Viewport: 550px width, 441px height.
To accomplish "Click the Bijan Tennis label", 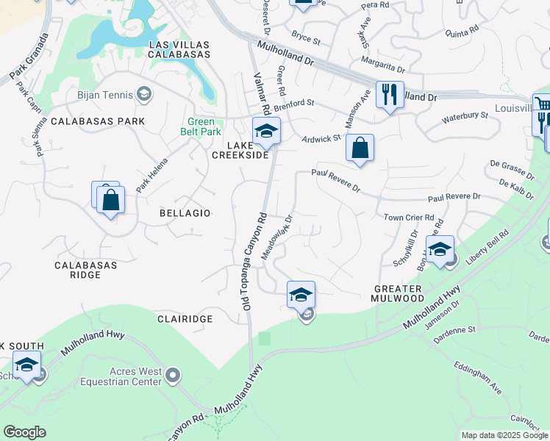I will coord(104,94).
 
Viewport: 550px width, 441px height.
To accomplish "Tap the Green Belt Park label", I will coord(201,127).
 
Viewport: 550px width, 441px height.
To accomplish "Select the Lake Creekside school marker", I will coord(265,132).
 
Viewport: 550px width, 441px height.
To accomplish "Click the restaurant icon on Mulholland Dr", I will coord(390,95).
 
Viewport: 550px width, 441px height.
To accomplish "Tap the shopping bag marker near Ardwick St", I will coord(360,148).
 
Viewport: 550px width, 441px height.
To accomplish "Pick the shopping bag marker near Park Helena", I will coord(110,200).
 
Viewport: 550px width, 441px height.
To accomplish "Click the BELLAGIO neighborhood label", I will coord(185,212).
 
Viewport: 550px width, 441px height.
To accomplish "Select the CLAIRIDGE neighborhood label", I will coord(185,319).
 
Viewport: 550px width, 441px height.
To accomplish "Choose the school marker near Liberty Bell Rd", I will coord(440,249).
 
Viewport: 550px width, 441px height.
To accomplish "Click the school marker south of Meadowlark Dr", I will coord(301,295).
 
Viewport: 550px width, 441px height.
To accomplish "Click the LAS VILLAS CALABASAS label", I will coord(179,49).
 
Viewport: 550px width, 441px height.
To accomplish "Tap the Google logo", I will coord(25,432).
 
